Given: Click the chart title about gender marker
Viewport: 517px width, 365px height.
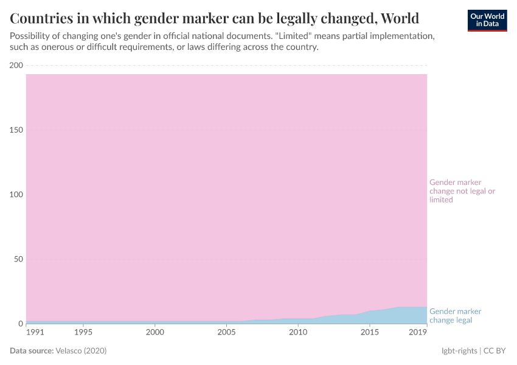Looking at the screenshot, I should tap(214, 16).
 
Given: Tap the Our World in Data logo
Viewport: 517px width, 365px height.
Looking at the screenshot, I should tap(487, 19).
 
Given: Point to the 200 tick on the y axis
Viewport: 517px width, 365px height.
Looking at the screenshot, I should tap(16, 66).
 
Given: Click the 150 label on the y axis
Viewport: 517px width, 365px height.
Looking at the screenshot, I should tap(16, 130).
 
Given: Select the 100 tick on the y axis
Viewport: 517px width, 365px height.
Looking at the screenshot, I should tap(16, 195).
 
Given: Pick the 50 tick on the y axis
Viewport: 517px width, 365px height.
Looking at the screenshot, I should tap(18, 259).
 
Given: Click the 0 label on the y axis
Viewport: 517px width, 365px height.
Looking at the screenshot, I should tap(20, 324).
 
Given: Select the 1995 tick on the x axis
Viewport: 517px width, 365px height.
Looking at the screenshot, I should tap(83, 333).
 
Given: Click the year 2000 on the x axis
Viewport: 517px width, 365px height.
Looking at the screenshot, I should tap(155, 333).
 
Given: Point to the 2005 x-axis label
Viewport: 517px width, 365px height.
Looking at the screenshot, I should tap(226, 333).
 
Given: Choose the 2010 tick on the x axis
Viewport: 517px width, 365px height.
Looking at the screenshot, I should tap(297, 333).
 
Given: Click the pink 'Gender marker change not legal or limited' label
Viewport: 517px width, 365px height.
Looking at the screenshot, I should tap(462, 191).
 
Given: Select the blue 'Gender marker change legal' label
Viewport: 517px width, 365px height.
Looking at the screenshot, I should tap(455, 316).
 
